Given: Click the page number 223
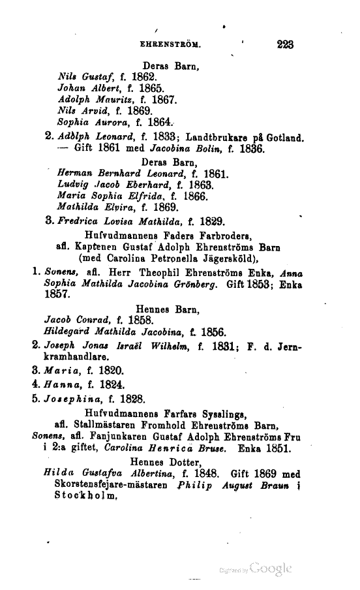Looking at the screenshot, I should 285,45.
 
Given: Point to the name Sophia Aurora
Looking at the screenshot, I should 87,122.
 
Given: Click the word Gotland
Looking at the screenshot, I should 285,138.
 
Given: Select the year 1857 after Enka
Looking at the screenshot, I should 57,295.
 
